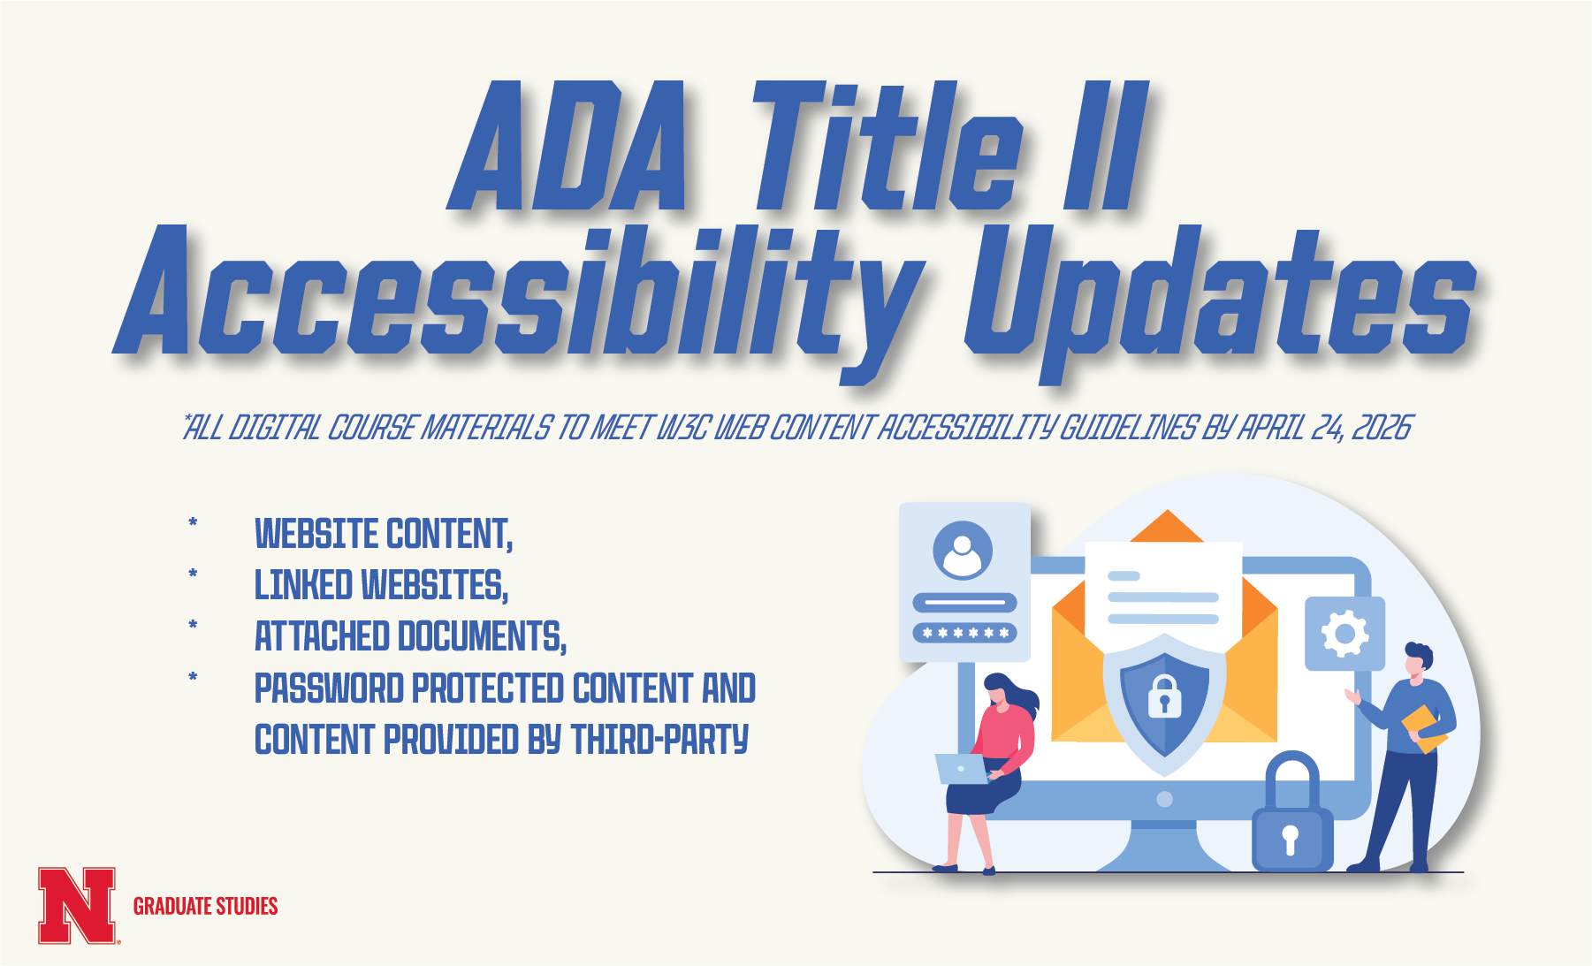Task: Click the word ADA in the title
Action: click(x=568, y=146)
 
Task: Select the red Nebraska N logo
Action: click(x=77, y=906)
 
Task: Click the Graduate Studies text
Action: click(x=205, y=906)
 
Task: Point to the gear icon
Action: click(x=1344, y=633)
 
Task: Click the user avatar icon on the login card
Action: click(x=963, y=550)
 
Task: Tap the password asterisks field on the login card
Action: click(x=964, y=633)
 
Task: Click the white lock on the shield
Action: click(x=1164, y=696)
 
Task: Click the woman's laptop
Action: click(x=963, y=769)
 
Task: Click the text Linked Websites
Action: click(x=381, y=585)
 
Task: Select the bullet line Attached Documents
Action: click(x=410, y=636)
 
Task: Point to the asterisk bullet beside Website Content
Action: click(x=193, y=523)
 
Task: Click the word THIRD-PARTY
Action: click(x=659, y=740)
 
